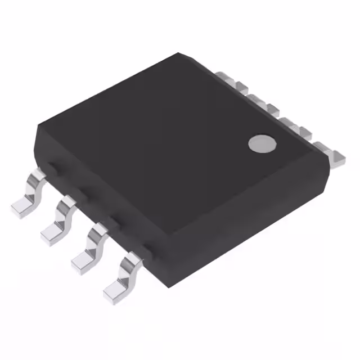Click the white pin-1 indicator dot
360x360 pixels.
(x=262, y=143)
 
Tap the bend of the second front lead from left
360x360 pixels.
(x=67, y=207)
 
